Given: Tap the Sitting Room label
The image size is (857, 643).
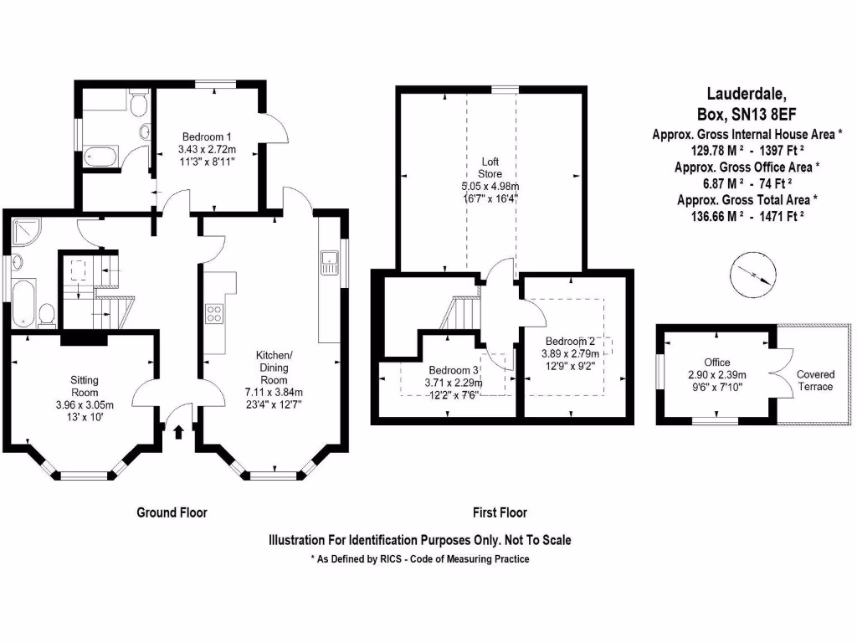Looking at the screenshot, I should (x=85, y=386).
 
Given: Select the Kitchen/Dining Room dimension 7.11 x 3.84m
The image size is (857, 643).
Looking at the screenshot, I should (x=273, y=392).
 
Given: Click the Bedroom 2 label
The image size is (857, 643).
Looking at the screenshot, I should (x=570, y=342).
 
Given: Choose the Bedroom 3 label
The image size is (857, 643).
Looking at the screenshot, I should (x=454, y=371).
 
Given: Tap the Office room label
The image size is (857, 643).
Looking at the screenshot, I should (x=717, y=363).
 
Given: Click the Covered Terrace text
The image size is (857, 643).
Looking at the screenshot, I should (x=814, y=380).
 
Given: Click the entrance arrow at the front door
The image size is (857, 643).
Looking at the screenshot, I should (x=178, y=432).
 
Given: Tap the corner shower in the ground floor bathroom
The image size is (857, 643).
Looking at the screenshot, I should (x=26, y=232).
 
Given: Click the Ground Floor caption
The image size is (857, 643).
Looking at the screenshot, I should (x=172, y=512).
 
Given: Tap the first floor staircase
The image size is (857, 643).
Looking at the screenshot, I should (x=460, y=315).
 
